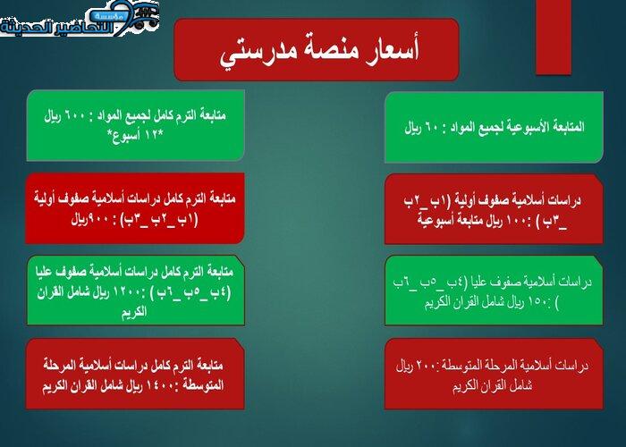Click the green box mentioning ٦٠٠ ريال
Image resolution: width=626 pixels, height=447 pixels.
point(135,125)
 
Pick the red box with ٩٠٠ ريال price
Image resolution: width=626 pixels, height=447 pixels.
point(135,207)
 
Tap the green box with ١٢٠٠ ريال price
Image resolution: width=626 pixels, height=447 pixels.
point(135,290)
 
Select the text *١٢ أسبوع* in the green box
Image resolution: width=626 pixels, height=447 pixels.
point(134,135)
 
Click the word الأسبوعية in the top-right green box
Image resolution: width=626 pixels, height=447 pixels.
point(531,126)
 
